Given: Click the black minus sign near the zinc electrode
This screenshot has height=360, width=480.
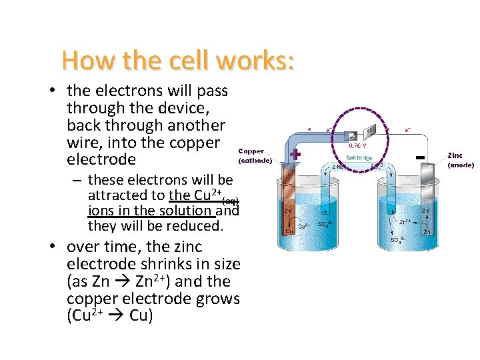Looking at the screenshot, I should pos(420,157).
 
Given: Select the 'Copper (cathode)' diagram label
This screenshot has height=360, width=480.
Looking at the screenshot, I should pos(255,155).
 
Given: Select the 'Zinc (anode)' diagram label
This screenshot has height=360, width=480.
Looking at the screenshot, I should pos(460,160).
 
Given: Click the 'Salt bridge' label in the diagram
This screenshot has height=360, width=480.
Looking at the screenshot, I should pos(359,158).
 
